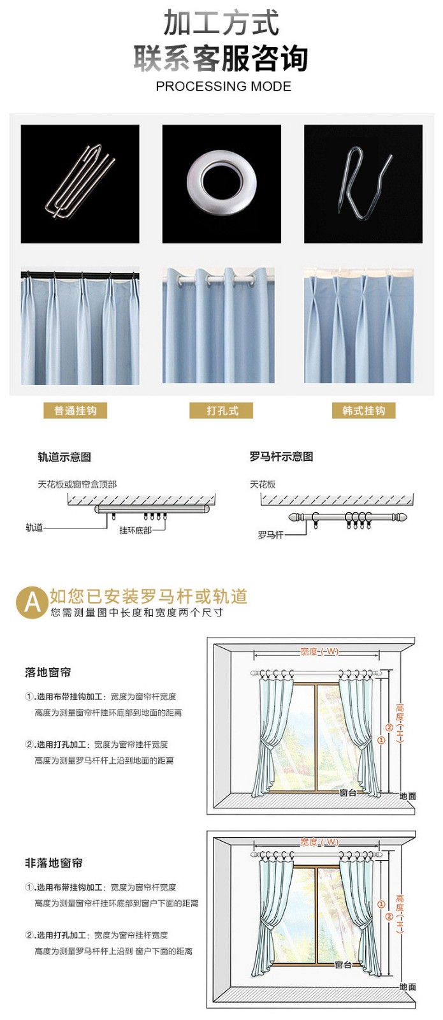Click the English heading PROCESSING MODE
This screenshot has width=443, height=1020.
(x=223, y=86)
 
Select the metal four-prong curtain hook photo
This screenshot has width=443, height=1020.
(x=80, y=183)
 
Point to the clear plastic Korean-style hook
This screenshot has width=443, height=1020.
(x=363, y=184)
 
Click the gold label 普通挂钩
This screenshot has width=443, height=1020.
(x=75, y=411)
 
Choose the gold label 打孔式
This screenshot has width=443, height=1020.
(x=221, y=411)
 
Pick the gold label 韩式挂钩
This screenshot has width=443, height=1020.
(x=363, y=411)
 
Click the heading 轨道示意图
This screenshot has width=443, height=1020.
(x=64, y=457)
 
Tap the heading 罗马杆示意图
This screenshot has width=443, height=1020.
(x=281, y=456)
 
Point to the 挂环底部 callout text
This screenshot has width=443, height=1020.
(x=135, y=530)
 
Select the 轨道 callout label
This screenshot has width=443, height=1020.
(x=34, y=527)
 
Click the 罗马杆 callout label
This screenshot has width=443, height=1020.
(x=270, y=535)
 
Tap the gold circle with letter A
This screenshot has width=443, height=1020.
(x=31, y=602)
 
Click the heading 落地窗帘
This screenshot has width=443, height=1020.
(x=48, y=672)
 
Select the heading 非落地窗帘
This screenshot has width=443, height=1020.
(x=54, y=863)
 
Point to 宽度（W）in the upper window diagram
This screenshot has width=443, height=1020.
(x=319, y=652)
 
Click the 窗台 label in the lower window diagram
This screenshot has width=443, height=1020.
(x=344, y=965)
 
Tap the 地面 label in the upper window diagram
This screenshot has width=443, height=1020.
(x=407, y=796)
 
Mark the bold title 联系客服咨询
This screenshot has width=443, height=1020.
(x=221, y=59)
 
